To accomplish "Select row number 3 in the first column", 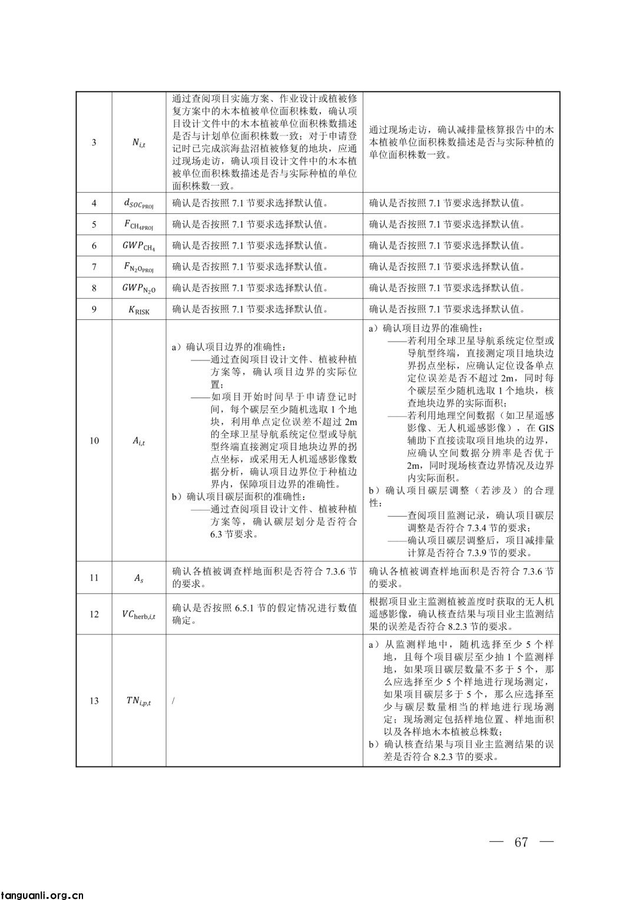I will click(x=94, y=142).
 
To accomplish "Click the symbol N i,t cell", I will click(x=138, y=143).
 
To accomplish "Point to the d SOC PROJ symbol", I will click(x=138, y=203).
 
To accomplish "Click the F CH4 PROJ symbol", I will click(x=138, y=224).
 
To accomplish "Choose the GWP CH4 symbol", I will click(x=138, y=246).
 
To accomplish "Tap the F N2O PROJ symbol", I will click(x=138, y=267).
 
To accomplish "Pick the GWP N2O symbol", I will click(x=138, y=288).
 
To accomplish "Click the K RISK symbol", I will click(x=138, y=309).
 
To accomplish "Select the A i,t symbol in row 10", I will click(x=138, y=441).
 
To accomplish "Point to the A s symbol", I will click(x=138, y=578).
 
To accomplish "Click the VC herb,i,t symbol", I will click(x=138, y=614).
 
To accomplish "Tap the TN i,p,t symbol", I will click(x=138, y=701).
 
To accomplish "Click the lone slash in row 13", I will click(x=174, y=701).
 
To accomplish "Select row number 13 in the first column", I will click(x=94, y=701).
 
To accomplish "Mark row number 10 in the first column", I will click(x=94, y=441).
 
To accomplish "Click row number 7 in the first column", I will click(x=94, y=267).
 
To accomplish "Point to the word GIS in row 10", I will click(x=546, y=428).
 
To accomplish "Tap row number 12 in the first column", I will click(x=94, y=614).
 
